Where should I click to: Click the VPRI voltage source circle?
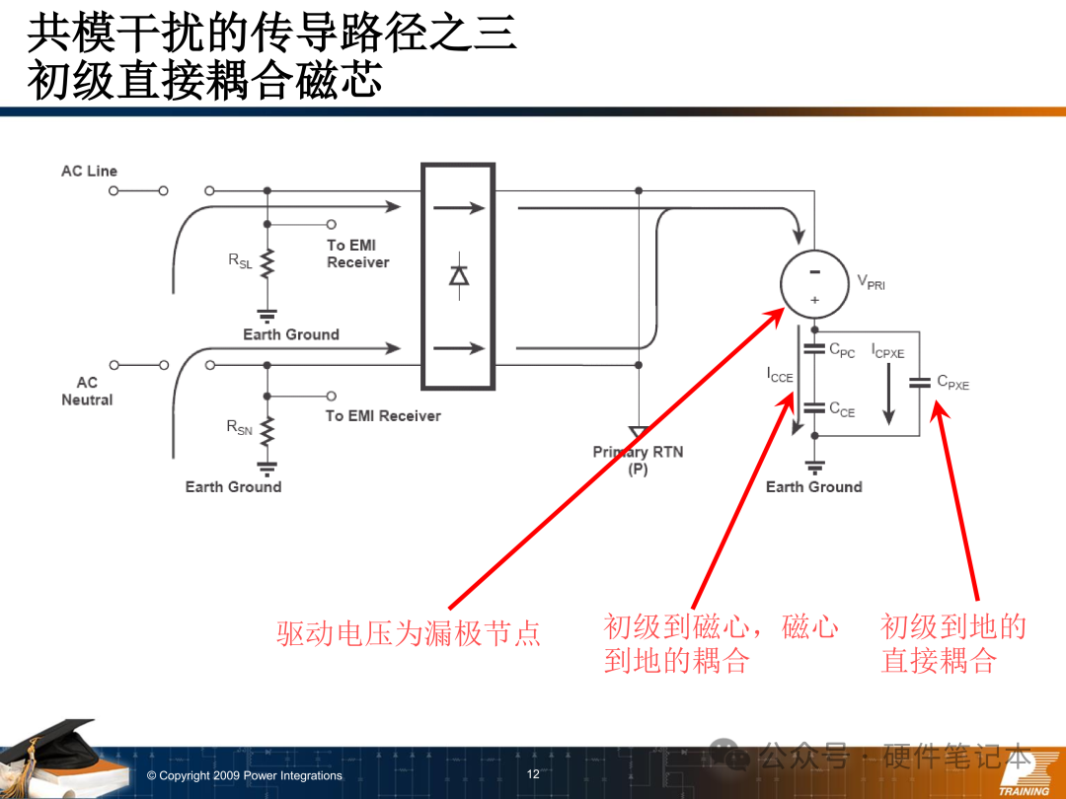pos(814,283)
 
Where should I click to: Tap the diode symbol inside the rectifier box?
pos(459,274)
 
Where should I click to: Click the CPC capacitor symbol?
pos(814,349)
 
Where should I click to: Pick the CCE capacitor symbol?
pos(814,407)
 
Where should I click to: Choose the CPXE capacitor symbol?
pos(920,383)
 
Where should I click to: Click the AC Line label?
pos(89,171)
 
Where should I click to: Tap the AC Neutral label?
pos(87,391)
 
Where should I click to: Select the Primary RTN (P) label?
pos(638,460)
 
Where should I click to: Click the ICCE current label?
pos(780,376)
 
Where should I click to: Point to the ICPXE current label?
pos(887,351)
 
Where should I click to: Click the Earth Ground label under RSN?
pos(233,486)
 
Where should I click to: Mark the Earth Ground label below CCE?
pos(813,486)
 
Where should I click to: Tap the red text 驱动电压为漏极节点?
pos(409,632)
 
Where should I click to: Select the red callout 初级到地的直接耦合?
pos(952,643)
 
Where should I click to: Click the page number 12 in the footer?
pos(533,774)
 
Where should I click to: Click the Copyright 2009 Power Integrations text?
pos(244,775)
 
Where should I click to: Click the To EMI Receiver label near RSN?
pos(383,415)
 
